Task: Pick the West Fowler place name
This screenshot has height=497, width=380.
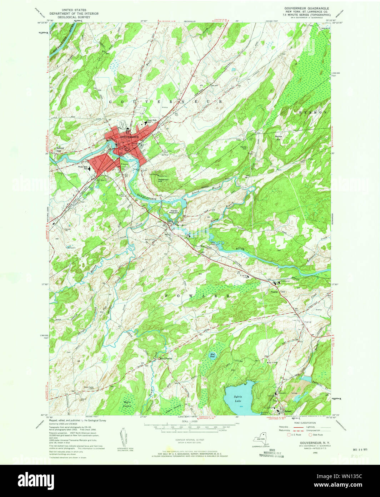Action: [x=166, y=358]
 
